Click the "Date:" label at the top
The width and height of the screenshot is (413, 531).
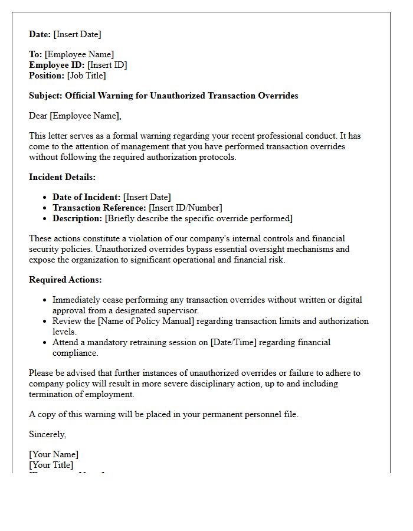click(x=40, y=34)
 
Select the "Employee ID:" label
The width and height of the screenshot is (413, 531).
click(x=57, y=65)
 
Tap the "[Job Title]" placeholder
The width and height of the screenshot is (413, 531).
click(x=87, y=76)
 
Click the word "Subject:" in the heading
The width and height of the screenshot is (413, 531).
click(x=46, y=96)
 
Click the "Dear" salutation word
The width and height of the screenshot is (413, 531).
click(x=38, y=116)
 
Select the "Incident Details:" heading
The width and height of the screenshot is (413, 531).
click(x=62, y=177)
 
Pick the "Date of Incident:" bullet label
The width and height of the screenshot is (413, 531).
click(x=87, y=197)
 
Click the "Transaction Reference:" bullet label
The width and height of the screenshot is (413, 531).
click(x=99, y=208)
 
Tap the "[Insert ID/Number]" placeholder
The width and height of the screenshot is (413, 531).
click(x=185, y=208)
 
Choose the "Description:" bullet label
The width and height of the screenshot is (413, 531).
click(x=77, y=218)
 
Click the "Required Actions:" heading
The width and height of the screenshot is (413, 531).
click(x=65, y=280)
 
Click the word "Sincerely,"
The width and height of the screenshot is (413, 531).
click(x=48, y=434)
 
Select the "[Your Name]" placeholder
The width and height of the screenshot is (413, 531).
click(x=54, y=454)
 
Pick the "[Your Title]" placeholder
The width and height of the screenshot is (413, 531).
click(x=51, y=465)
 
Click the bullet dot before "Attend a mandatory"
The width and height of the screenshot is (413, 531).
click(x=45, y=342)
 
